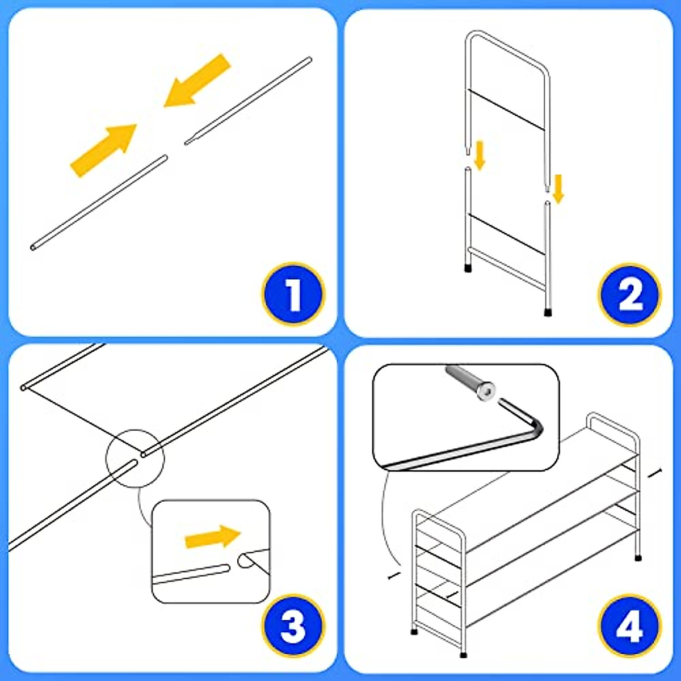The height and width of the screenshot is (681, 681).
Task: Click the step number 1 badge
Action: click(293, 294)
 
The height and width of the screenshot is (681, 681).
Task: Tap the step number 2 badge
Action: click(629, 295)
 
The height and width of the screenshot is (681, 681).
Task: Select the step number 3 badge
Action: click(293, 626)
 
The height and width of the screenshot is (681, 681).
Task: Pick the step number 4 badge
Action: click(629, 626)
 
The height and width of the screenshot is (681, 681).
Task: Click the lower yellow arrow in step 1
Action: click(104, 150)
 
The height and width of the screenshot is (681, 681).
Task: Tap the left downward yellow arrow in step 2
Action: click(480, 155)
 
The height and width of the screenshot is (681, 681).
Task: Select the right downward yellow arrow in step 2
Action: click(558, 189)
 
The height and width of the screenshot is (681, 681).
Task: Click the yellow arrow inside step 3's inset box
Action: click(213, 537)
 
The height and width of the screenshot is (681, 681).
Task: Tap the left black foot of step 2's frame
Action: click(468, 268)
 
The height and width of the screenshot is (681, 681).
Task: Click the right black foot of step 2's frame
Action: click(548, 312)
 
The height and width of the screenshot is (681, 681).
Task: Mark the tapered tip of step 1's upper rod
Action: click(187, 143)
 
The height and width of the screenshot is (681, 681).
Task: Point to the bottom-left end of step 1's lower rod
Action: click(33, 247)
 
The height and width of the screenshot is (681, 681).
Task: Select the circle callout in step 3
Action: click(135, 459)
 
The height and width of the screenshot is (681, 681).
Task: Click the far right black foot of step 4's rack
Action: click(638, 558)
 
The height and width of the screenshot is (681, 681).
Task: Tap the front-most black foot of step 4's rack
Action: click(463, 655)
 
